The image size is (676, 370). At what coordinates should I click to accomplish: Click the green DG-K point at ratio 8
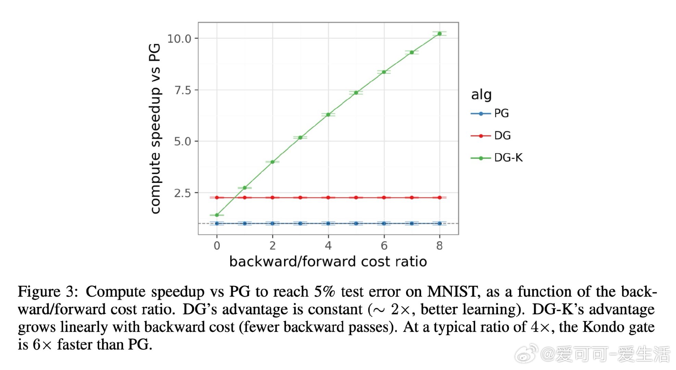pyautogui.click(x=439, y=34)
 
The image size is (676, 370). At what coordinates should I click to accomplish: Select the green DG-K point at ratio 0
pyautogui.click(x=217, y=215)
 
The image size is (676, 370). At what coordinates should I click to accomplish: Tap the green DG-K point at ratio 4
pyautogui.click(x=328, y=114)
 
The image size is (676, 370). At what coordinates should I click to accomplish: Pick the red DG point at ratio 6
pyautogui.click(x=384, y=198)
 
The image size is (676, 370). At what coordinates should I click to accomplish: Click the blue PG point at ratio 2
pyautogui.click(x=272, y=223)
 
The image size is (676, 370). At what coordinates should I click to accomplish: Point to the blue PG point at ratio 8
pyautogui.click(x=439, y=223)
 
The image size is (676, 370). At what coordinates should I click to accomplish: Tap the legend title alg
pyautogui.click(x=481, y=95)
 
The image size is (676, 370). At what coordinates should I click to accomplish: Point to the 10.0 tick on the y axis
pyautogui.click(x=179, y=39)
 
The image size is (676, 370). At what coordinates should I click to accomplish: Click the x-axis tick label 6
pyautogui.click(x=384, y=246)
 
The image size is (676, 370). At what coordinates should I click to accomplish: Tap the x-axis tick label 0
pyautogui.click(x=217, y=246)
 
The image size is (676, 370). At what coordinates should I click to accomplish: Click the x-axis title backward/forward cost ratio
pyautogui.click(x=328, y=262)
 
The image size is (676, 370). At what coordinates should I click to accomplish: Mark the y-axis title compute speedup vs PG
pyautogui.click(x=155, y=128)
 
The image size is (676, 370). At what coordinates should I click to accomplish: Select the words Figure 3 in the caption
pyautogui.click(x=46, y=292)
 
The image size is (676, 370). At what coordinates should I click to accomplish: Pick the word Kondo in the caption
pyautogui.click(x=602, y=327)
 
